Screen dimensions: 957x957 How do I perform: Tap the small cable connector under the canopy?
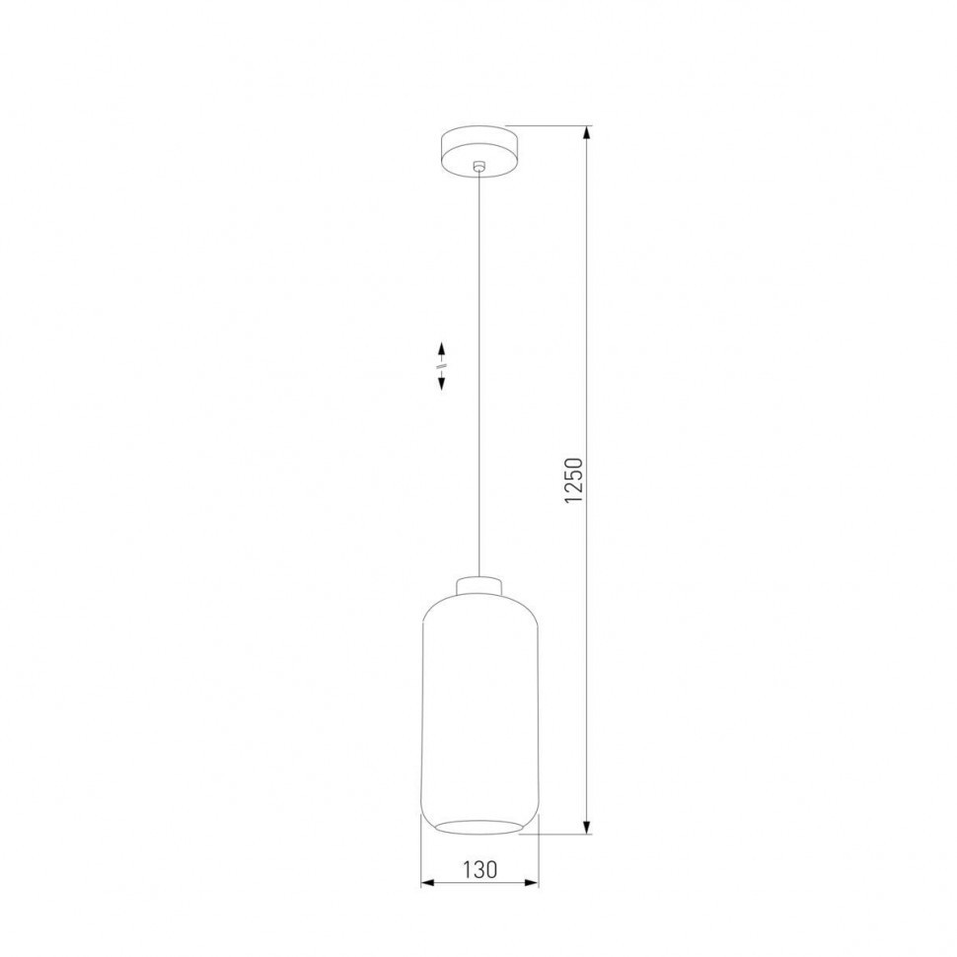tap(478, 167)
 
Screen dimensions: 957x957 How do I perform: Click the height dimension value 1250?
tap(579, 480)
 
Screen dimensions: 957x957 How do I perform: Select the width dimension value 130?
tap(478, 869)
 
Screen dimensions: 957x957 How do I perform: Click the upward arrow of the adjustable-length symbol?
tap(442, 349)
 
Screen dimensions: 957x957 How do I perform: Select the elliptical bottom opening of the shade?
tap(479, 824)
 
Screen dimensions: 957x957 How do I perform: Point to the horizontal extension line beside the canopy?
tap(552, 126)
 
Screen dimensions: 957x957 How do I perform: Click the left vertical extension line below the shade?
tap(421, 858)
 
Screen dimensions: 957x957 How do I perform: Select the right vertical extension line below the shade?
tap(539, 858)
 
